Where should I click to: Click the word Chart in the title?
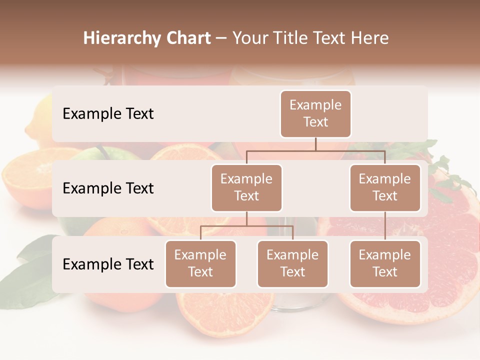pyautogui.click(x=186, y=38)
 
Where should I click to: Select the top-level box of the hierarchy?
pyautogui.click(x=315, y=114)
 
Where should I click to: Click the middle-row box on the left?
pyautogui.click(x=246, y=188)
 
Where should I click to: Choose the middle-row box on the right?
pyautogui.click(x=385, y=188)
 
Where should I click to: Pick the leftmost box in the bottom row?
pyautogui.click(x=200, y=264)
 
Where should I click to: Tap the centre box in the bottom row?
pyautogui.click(x=292, y=264)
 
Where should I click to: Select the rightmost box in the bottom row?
pyautogui.click(x=385, y=264)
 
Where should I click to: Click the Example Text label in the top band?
pyautogui.click(x=108, y=114)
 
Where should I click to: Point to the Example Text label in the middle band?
pyautogui.click(x=108, y=188)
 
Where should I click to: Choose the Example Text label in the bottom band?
pyautogui.click(x=108, y=264)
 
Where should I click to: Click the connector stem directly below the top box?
pyautogui.click(x=315, y=143)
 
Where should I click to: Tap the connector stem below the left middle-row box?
pyautogui.click(x=246, y=218)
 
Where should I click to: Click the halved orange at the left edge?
pyautogui.click(x=27, y=175)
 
